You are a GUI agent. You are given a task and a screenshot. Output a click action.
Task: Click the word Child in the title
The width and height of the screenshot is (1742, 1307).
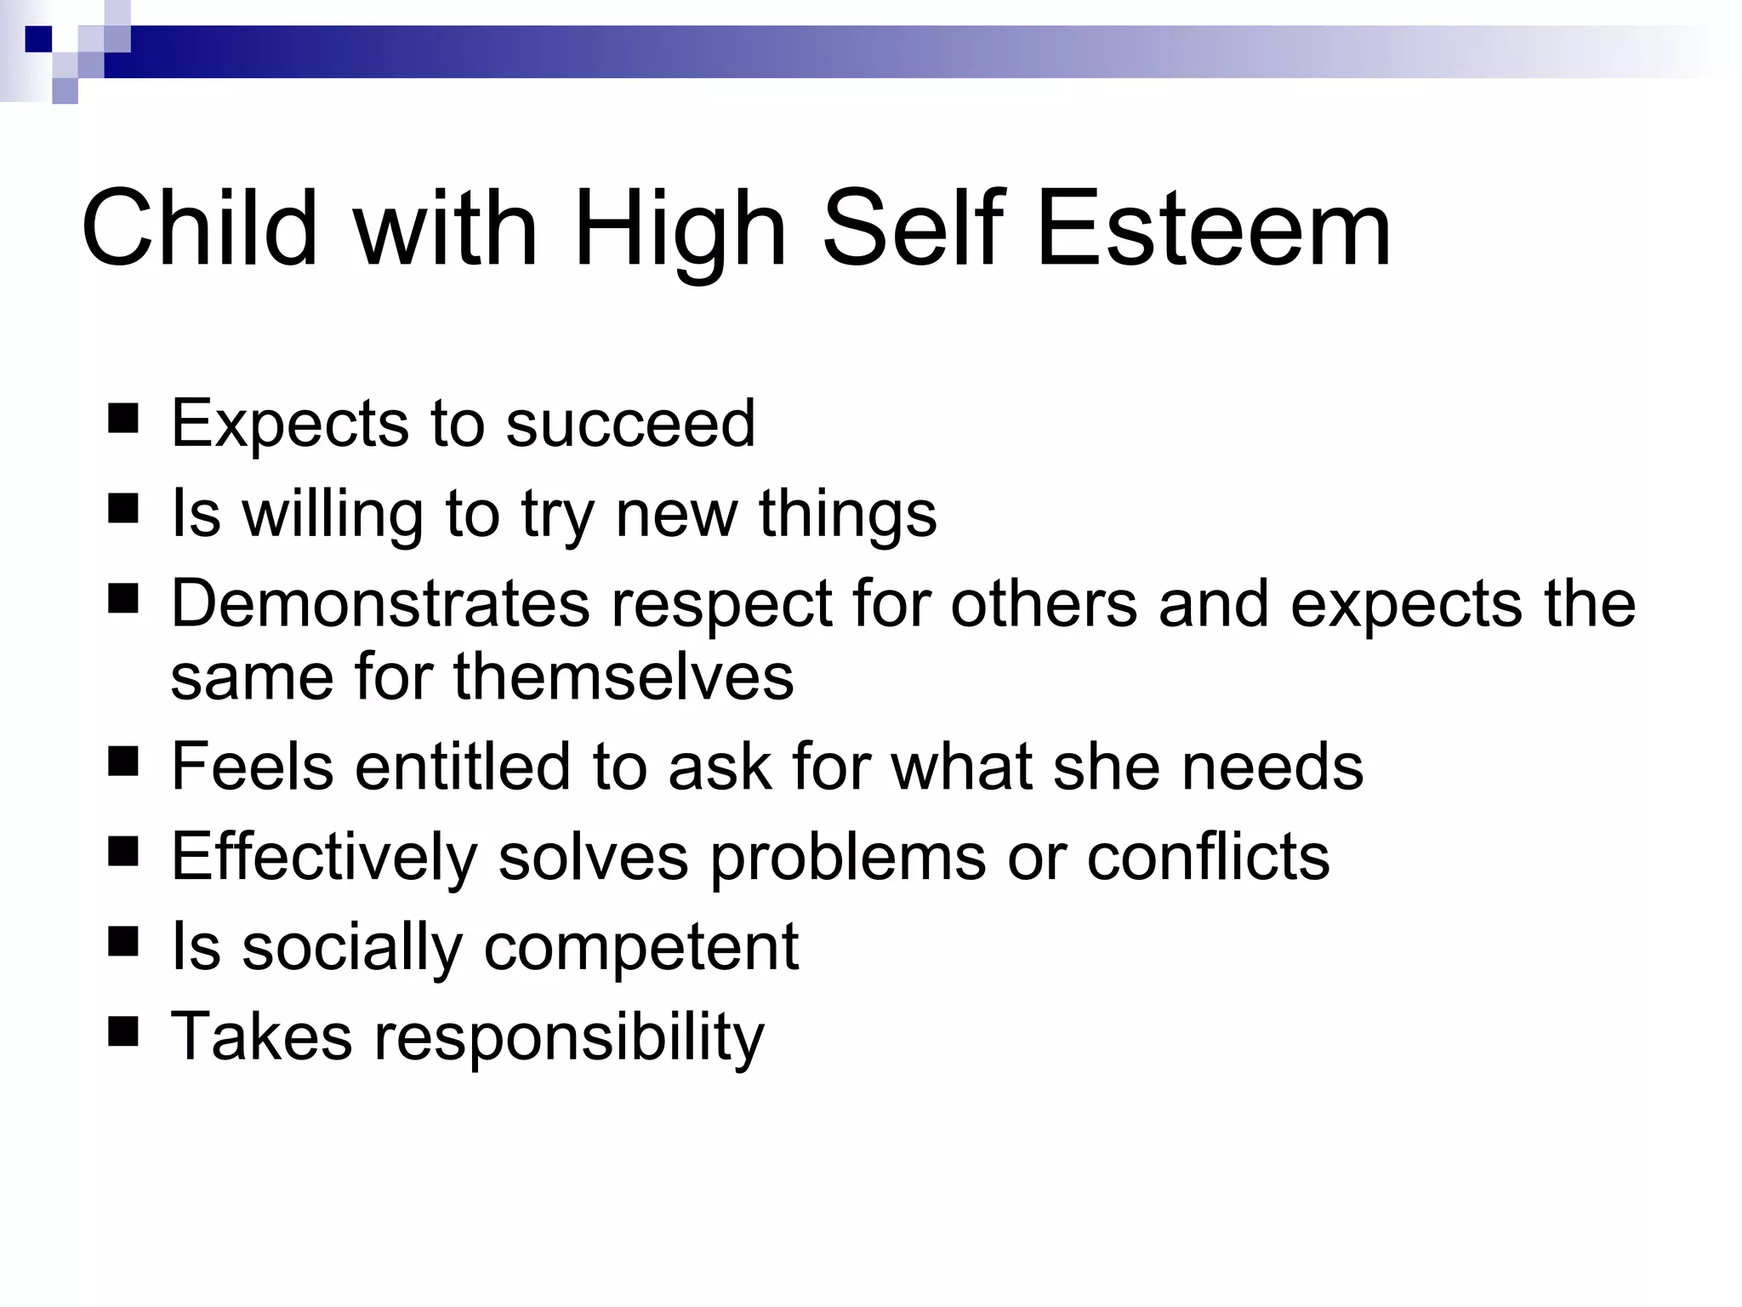point(199,228)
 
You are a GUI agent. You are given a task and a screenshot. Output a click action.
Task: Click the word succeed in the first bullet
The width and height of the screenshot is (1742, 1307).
point(630,423)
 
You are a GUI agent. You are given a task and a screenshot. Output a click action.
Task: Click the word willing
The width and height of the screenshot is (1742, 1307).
point(333,515)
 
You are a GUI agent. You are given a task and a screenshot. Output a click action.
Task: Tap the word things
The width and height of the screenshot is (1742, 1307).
point(847,515)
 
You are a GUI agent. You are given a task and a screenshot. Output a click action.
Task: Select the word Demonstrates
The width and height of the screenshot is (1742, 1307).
point(380,603)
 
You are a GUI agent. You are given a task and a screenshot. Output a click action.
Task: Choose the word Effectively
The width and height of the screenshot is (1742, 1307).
point(324,857)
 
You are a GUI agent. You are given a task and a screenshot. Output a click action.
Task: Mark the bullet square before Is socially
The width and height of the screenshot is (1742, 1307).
point(123,943)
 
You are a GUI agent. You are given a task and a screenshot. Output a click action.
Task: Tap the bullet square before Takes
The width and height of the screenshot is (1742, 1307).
point(123,1032)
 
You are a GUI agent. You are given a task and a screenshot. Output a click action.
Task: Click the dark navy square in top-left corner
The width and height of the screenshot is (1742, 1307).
point(38,39)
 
